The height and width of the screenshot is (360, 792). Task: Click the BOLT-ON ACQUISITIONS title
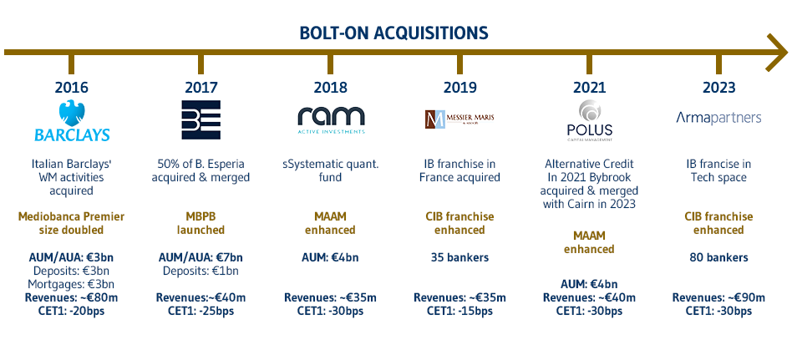click(393, 33)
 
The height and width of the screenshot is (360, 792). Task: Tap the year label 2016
click(71, 87)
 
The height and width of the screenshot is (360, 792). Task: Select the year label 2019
click(459, 87)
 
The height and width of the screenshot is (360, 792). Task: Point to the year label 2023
click(718, 87)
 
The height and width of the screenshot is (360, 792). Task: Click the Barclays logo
click(71, 122)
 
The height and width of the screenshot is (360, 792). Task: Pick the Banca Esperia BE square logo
click(201, 119)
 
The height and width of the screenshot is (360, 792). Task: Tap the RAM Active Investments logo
click(330, 119)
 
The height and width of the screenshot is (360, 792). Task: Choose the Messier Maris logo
click(459, 120)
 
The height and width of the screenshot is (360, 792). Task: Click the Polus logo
click(589, 120)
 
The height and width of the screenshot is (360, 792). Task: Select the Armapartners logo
click(718, 118)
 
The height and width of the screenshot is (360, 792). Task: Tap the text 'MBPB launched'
click(201, 223)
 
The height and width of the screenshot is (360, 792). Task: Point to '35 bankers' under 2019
click(459, 257)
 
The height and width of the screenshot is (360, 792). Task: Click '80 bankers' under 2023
click(718, 257)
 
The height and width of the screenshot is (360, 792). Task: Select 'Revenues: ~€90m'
click(718, 297)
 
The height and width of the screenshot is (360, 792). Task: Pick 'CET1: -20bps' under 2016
click(71, 311)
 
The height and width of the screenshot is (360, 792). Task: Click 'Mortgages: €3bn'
click(71, 284)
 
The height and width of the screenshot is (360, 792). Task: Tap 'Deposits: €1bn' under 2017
click(201, 271)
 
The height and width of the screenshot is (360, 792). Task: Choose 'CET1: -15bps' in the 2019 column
click(459, 311)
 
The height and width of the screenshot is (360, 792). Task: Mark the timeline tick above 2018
click(330, 63)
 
